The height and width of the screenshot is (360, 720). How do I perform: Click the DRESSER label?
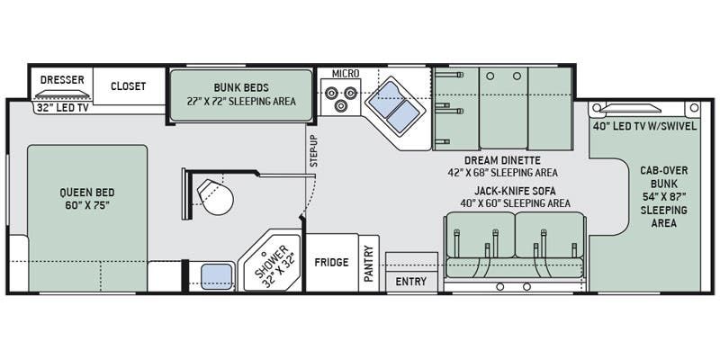pyautogui.click(x=62, y=79)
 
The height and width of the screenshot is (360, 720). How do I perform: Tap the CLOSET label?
pyautogui.click(x=128, y=85)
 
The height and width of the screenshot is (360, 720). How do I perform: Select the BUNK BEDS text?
pyautogui.click(x=241, y=87)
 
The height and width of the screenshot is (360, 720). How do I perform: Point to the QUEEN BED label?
pyautogui.click(x=87, y=193)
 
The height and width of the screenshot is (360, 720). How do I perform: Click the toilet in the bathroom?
pyautogui.click(x=215, y=196)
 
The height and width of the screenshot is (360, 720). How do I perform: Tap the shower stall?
pyautogui.click(x=272, y=263)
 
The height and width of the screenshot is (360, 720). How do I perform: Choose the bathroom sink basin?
pyautogui.click(x=217, y=276)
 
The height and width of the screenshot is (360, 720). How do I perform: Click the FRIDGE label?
pyautogui.click(x=331, y=263)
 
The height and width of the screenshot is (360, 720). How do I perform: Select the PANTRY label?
pyautogui.click(x=369, y=264)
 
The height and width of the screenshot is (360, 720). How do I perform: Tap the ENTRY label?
pyautogui.click(x=411, y=282)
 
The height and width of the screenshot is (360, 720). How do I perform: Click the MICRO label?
pyautogui.click(x=346, y=74)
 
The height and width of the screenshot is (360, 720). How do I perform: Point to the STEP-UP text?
pyautogui.click(x=314, y=152)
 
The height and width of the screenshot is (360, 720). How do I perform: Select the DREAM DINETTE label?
pyautogui.click(x=502, y=160)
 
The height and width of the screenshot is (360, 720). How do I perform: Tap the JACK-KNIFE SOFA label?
pyautogui.click(x=515, y=191)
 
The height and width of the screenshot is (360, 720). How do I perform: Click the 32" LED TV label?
pyautogui.click(x=60, y=109)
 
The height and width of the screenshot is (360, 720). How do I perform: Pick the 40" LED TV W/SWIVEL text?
pyautogui.click(x=644, y=126)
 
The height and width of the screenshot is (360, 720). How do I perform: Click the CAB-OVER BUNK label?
pyautogui.click(x=664, y=176)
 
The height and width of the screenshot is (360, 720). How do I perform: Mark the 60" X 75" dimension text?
pyautogui.click(x=87, y=205)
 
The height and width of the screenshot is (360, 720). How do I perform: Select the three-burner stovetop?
pyautogui.click(x=340, y=98)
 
